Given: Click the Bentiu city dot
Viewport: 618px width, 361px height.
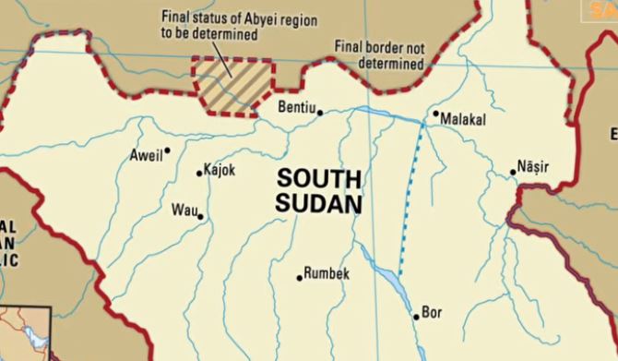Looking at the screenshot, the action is point(320,113).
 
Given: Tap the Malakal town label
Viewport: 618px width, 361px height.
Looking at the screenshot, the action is point(463,120).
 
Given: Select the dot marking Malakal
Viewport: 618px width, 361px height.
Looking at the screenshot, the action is point(436,114).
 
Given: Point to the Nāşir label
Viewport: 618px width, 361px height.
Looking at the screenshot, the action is point(533,167).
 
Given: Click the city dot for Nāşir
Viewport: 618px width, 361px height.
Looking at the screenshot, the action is point(513,172).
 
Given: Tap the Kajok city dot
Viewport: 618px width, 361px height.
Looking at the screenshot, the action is point(199,173).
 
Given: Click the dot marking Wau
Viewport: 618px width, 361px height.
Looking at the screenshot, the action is point(200,217).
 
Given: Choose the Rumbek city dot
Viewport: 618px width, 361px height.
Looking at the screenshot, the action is point(300,277).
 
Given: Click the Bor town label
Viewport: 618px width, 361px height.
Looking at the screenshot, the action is point(432,313).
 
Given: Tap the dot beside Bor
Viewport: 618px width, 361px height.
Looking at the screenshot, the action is point(416,317).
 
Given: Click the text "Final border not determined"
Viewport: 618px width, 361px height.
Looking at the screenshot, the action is point(380,57).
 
